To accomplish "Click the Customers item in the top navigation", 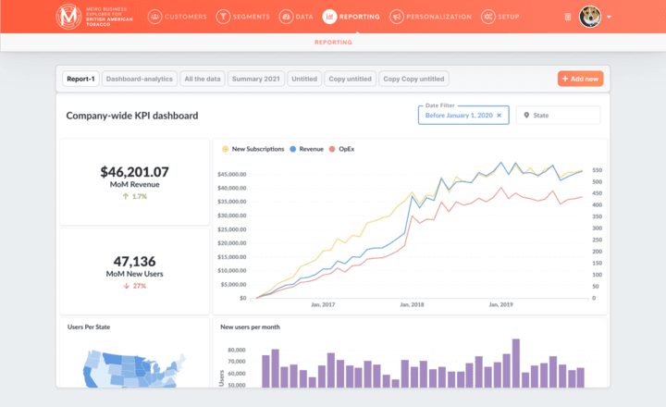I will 176,17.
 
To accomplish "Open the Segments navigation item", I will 243,17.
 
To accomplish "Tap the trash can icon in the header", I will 567,17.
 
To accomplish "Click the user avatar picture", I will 589,16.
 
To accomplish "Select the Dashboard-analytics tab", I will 139,79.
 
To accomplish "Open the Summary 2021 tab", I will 255,79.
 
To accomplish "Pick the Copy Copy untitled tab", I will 413,79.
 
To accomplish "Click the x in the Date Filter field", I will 499,116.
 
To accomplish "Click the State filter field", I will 558,116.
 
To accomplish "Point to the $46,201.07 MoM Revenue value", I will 135,172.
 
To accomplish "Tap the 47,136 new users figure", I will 135,261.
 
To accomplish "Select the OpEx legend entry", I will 341,149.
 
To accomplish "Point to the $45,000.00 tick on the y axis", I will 231,175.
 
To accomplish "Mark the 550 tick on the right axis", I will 598,170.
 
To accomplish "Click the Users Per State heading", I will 91,327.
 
